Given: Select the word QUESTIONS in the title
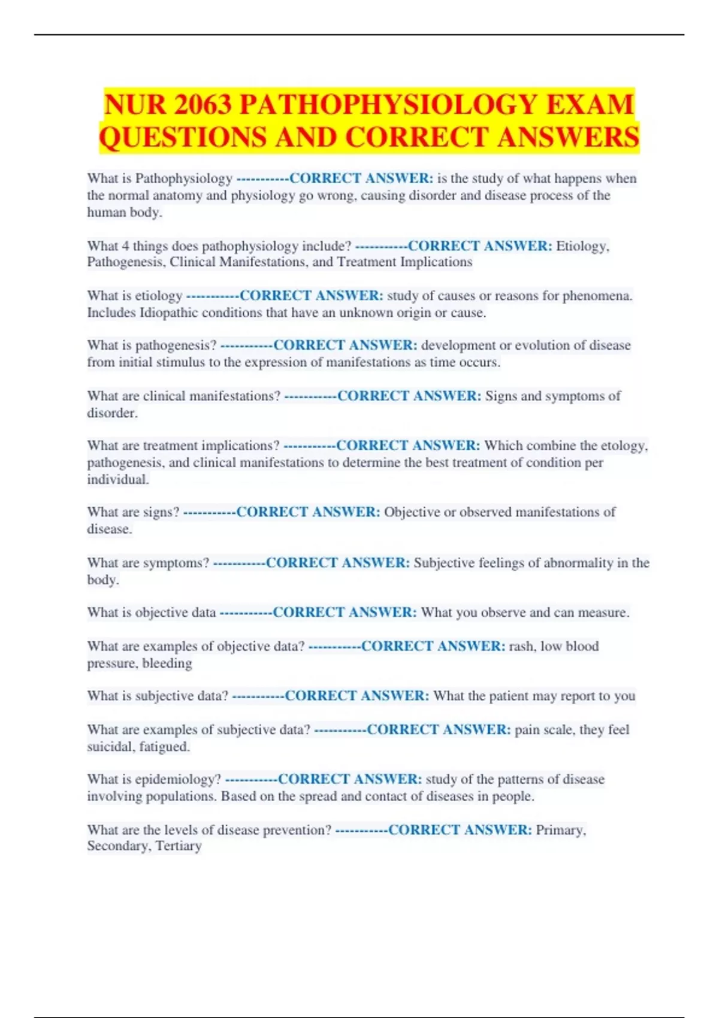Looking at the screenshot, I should [184, 138].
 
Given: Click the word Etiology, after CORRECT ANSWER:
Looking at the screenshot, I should [582, 246].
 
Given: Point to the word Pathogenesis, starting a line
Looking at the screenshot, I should [126, 262].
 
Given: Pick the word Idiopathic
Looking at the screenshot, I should [169, 313].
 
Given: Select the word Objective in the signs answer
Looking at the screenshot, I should [412, 512].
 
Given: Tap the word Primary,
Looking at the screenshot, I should [561, 830].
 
